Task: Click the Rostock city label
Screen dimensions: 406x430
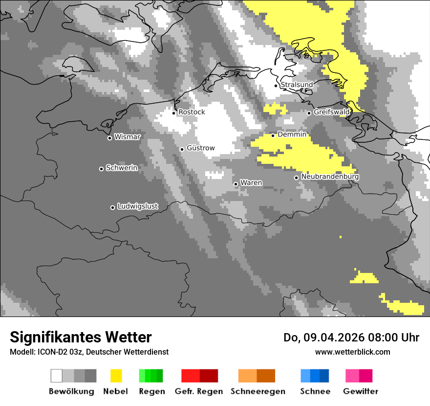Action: click(192, 112)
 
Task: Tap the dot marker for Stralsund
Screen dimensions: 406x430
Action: click(276, 86)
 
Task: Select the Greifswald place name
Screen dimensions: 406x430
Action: click(331, 112)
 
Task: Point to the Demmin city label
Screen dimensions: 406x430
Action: click(292, 134)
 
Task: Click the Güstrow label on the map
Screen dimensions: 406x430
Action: click(200, 148)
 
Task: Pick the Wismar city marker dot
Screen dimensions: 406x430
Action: click(109, 138)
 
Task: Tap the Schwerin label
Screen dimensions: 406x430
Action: click(122, 168)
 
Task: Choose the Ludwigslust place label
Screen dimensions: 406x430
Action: click(137, 206)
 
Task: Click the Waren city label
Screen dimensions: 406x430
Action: click(251, 183)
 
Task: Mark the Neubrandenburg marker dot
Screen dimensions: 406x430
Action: click(296, 178)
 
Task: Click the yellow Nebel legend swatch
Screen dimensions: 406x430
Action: click(116, 376)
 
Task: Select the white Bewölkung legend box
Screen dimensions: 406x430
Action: click(57, 376)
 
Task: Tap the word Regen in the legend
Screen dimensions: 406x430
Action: click(151, 391)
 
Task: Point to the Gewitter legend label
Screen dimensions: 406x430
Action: click(361, 391)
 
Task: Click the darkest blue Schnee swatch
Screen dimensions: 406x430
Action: click(324, 376)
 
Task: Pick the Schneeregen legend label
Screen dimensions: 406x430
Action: click(258, 391)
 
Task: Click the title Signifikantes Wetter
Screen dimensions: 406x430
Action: click(81, 337)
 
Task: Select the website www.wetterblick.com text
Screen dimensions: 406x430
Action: click(352, 352)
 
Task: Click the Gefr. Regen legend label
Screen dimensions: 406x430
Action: click(199, 391)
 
